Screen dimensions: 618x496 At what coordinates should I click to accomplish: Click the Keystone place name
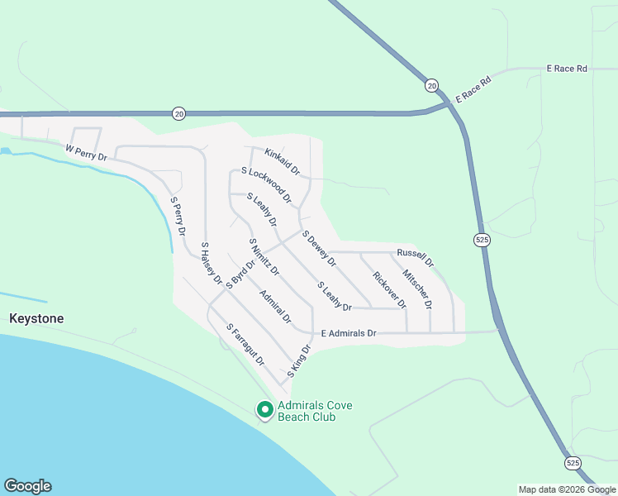pos(36,318)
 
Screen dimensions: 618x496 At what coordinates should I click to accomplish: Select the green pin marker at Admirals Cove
pos(265,409)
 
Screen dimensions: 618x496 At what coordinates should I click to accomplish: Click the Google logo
pos(27,486)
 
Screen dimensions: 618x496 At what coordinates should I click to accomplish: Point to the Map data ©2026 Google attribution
pos(567,489)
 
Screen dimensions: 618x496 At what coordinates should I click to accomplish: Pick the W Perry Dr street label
pos(87,152)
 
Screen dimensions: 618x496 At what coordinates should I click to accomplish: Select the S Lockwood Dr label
pos(266,184)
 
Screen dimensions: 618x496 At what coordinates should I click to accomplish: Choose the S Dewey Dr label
pos(319,248)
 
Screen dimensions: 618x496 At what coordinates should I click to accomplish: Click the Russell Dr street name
pos(415,256)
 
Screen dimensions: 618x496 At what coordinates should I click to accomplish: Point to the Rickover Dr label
pos(389,289)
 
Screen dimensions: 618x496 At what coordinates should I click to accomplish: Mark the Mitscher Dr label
pos(417,289)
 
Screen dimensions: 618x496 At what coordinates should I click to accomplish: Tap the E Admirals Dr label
pos(349,333)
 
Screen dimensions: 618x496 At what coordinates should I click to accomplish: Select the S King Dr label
pos(298,361)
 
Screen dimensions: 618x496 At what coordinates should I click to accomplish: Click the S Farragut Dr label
pos(245,344)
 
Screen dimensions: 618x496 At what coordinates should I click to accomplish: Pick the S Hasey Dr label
pos(212,264)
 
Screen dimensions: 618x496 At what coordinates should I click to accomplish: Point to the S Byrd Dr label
pos(240,274)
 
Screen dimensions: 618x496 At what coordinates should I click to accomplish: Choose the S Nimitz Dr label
pos(264,256)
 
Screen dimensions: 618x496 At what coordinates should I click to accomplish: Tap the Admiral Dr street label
pos(275,306)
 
